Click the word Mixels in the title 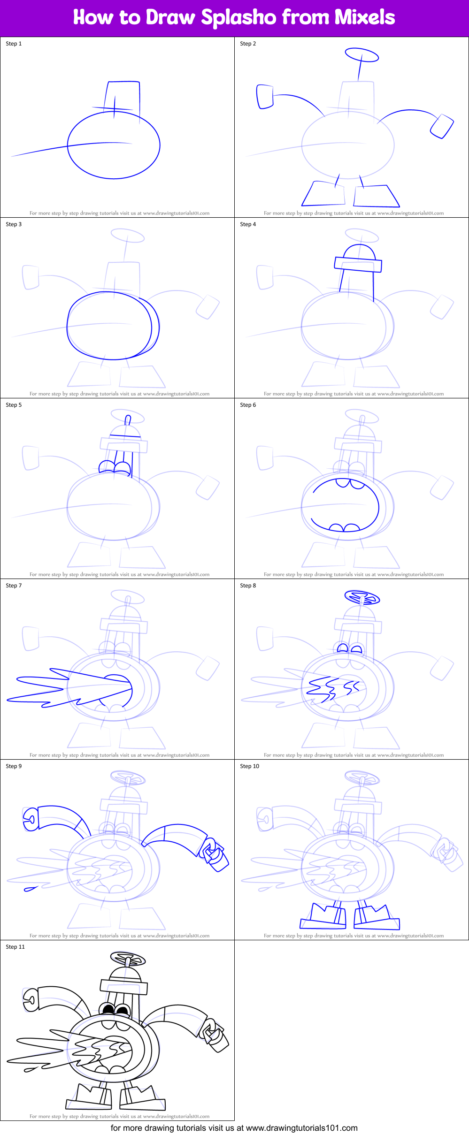[364, 17]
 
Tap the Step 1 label [14, 44]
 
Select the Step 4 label [248, 224]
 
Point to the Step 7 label [14, 586]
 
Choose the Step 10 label [249, 766]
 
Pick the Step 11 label [15, 947]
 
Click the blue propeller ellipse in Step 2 [361, 55]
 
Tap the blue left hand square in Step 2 [265, 97]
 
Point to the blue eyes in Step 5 [115, 467]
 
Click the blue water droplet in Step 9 [31, 889]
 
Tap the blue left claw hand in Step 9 [31, 819]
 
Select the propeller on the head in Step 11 [128, 959]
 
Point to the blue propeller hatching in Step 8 [362, 598]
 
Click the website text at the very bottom [234, 1128]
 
